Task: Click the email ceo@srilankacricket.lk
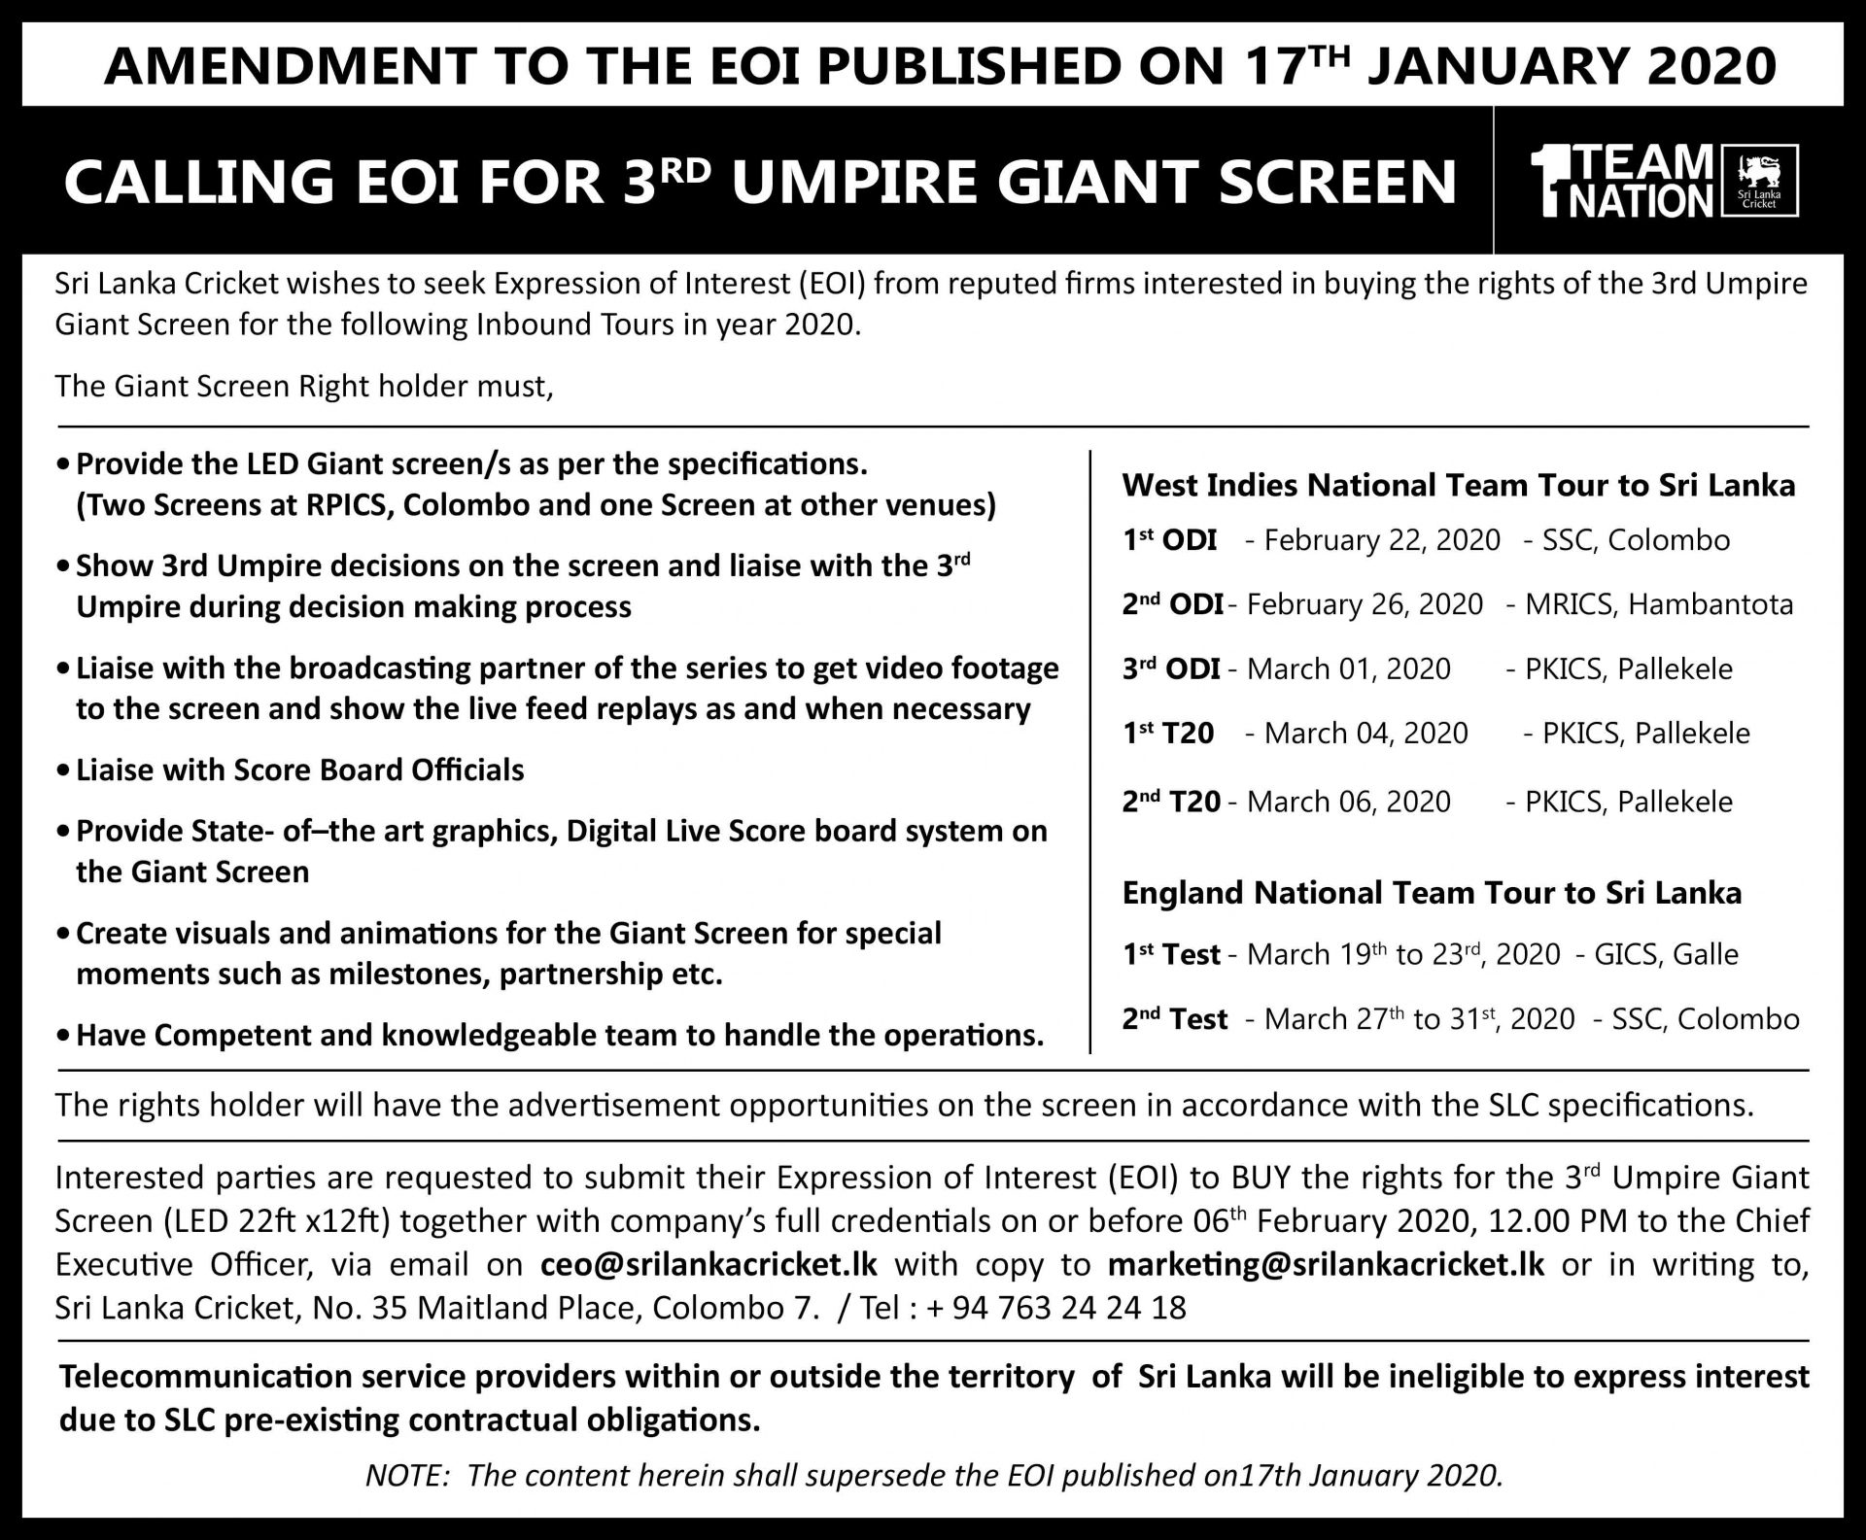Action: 708,1264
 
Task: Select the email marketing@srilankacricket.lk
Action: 1326,1264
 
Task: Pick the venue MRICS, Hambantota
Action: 1659,604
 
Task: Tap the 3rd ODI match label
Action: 1172,669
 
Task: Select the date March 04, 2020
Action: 1365,733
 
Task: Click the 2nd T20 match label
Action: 1172,802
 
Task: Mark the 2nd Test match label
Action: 1175,1019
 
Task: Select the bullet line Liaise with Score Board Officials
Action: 300,770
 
